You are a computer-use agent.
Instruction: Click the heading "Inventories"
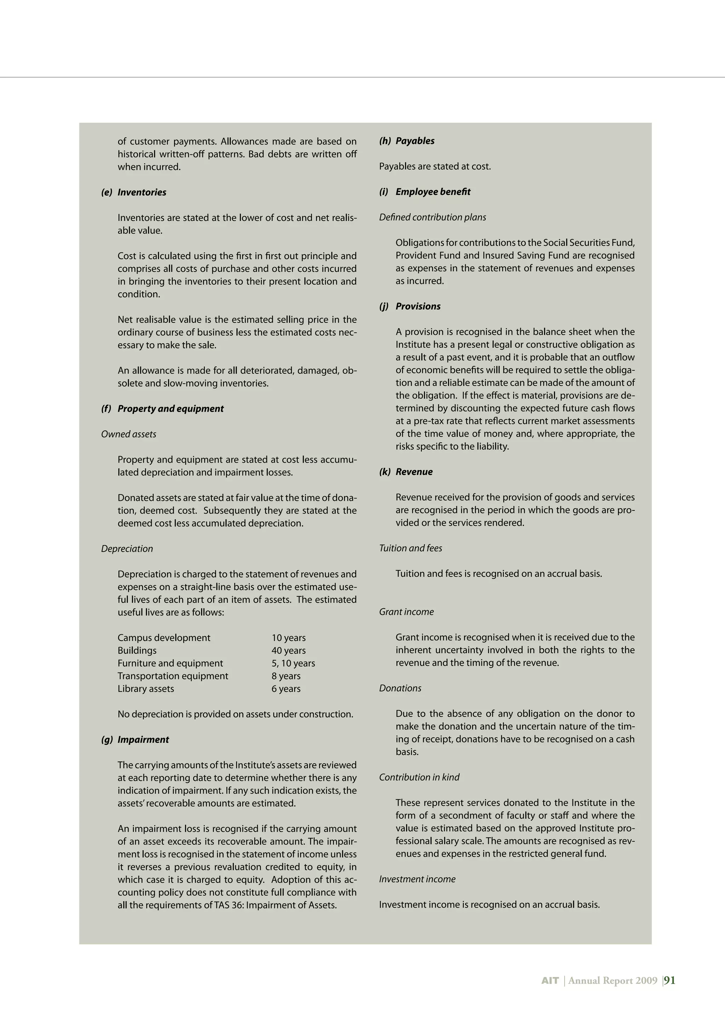142,193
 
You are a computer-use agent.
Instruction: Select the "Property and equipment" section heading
171,409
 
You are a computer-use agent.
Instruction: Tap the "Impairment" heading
143,740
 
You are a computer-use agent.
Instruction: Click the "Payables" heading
415,141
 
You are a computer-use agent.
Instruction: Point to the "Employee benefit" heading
433,192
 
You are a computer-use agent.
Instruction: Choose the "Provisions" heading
418,306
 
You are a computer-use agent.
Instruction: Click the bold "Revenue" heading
414,472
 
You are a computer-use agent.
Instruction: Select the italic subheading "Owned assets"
129,434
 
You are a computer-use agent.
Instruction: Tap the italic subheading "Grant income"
406,612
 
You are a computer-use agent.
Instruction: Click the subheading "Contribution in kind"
419,777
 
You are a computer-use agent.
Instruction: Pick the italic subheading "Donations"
400,689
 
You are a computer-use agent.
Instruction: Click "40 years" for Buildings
289,651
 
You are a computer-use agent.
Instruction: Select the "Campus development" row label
164,638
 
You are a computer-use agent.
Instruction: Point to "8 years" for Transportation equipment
286,676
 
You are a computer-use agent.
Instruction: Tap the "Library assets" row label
145,689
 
